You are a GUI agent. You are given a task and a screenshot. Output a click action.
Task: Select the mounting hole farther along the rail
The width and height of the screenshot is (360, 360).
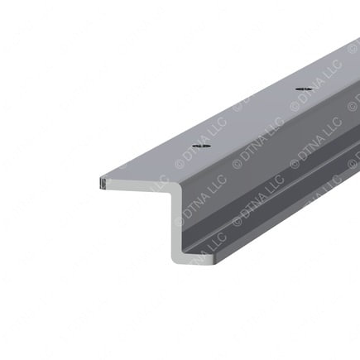(x=303, y=88)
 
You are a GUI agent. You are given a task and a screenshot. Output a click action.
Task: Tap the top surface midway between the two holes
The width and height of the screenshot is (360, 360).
(x=252, y=117)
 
